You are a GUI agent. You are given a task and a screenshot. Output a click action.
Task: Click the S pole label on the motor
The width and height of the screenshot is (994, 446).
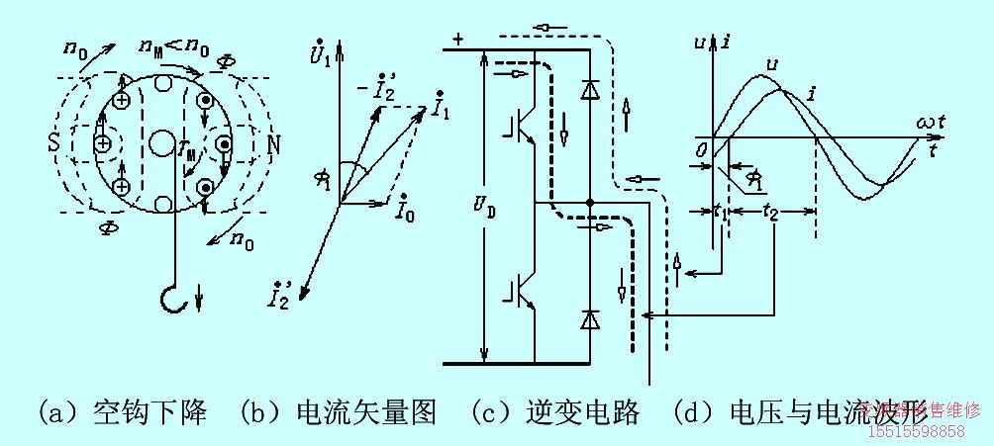(53, 144)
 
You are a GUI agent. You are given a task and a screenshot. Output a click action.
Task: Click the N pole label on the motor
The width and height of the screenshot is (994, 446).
(272, 144)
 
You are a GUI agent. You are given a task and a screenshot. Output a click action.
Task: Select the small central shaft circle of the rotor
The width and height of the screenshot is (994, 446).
(160, 142)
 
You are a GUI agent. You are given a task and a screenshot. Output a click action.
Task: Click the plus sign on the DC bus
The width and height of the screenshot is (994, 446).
(456, 40)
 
